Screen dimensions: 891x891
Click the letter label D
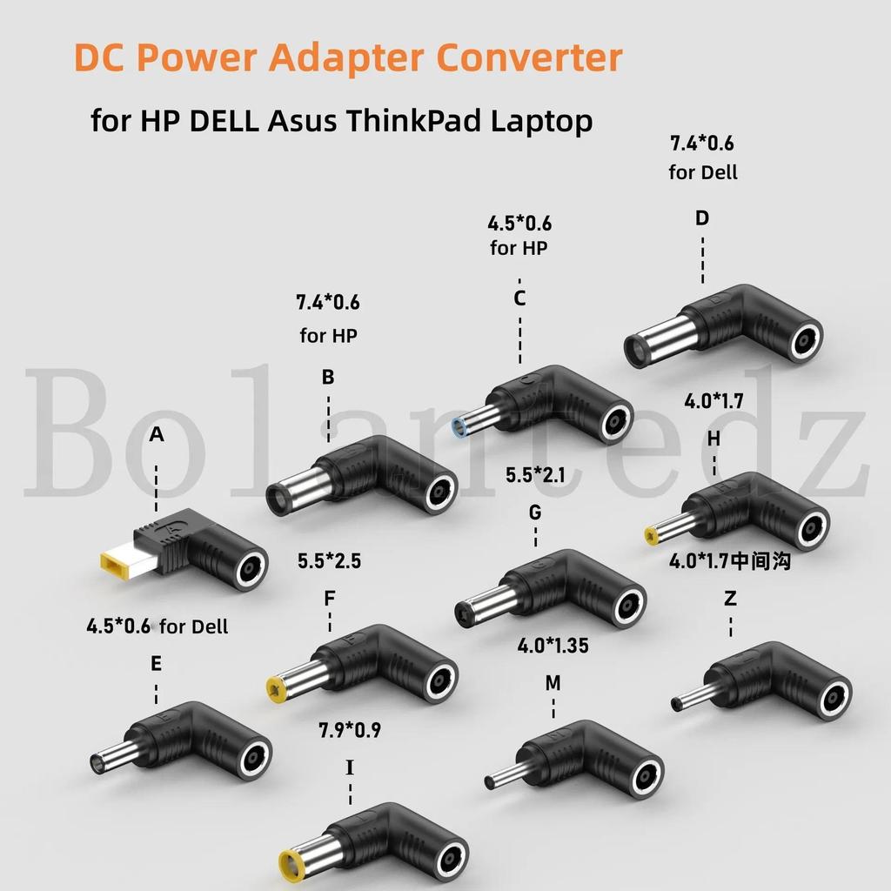click(x=702, y=218)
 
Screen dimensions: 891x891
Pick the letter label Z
click(x=729, y=599)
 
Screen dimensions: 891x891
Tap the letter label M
click(x=553, y=683)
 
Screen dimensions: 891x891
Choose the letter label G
click(x=535, y=512)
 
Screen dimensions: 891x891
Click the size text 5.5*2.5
click(x=329, y=561)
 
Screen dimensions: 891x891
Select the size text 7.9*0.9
click(x=350, y=731)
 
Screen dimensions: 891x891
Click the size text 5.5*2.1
click(x=535, y=476)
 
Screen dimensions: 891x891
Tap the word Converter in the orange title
click(x=530, y=57)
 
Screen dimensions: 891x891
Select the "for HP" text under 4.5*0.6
click(x=519, y=248)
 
